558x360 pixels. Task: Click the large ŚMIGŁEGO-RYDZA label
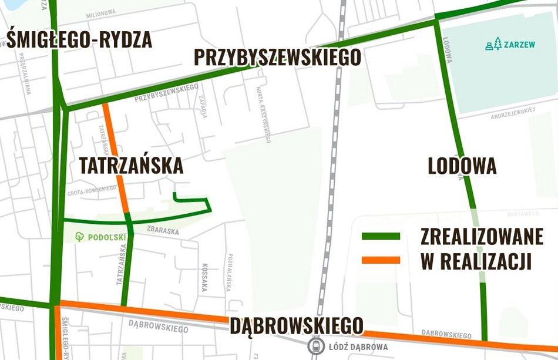coord(79,39)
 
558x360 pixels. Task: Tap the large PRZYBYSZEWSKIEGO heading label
coord(277,58)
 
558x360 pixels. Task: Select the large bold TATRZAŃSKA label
coord(131,166)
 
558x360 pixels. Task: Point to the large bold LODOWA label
coord(462,166)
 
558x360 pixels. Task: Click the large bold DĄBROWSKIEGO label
coord(297,325)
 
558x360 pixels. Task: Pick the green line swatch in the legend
coord(381,236)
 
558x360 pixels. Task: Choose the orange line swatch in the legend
coord(381,260)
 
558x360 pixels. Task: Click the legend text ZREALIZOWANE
coord(482,236)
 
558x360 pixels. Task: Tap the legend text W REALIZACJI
coord(476,261)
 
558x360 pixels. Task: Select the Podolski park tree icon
coord(80,237)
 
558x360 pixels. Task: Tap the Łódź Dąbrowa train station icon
coord(317,346)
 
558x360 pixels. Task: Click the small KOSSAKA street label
coord(205,277)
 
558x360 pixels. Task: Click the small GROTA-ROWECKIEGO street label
coord(92,191)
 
